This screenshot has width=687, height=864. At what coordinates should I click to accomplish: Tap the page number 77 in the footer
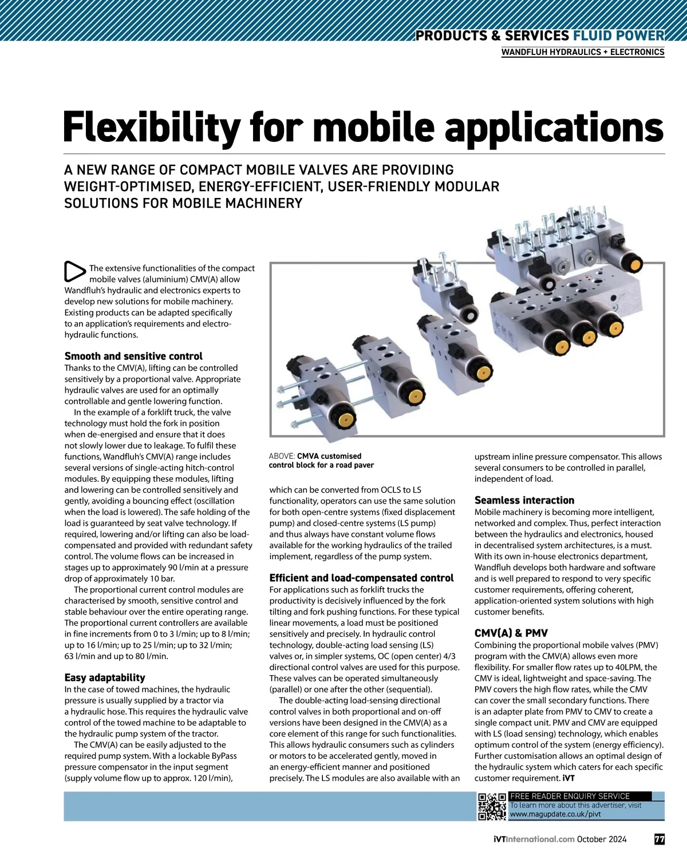659,839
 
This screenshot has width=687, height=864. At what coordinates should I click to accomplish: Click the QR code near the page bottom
492,807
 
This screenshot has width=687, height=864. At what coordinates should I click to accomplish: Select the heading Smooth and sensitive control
133,356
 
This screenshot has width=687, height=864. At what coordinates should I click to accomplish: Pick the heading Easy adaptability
105,677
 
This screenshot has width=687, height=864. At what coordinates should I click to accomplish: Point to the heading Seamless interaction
524,500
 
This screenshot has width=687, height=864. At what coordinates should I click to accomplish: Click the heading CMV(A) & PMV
511,633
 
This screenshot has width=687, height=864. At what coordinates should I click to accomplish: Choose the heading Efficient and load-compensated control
361,578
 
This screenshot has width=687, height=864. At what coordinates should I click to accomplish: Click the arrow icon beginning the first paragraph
74,271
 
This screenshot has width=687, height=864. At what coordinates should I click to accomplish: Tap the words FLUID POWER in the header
618,36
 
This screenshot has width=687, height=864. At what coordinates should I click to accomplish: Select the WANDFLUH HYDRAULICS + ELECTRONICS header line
583,52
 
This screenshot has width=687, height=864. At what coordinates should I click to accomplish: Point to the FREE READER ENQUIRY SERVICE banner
570,796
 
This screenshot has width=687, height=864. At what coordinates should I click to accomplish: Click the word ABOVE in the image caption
282,456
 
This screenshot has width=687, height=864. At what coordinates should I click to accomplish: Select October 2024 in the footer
602,839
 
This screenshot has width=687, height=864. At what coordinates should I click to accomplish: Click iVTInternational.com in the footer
534,839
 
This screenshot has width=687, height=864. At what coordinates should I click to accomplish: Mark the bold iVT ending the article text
569,778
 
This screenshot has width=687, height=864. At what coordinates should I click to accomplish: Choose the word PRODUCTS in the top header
451,36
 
